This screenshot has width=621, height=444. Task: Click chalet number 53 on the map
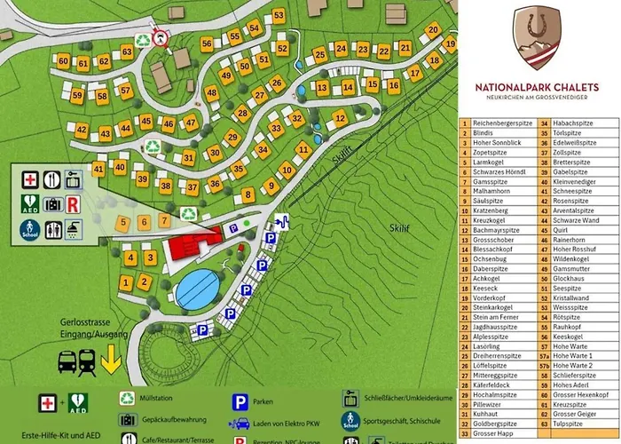[279, 15]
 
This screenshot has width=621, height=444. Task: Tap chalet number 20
[433, 30]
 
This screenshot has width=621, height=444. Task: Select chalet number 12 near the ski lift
[340, 117]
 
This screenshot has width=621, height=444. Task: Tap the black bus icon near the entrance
[67, 361]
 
